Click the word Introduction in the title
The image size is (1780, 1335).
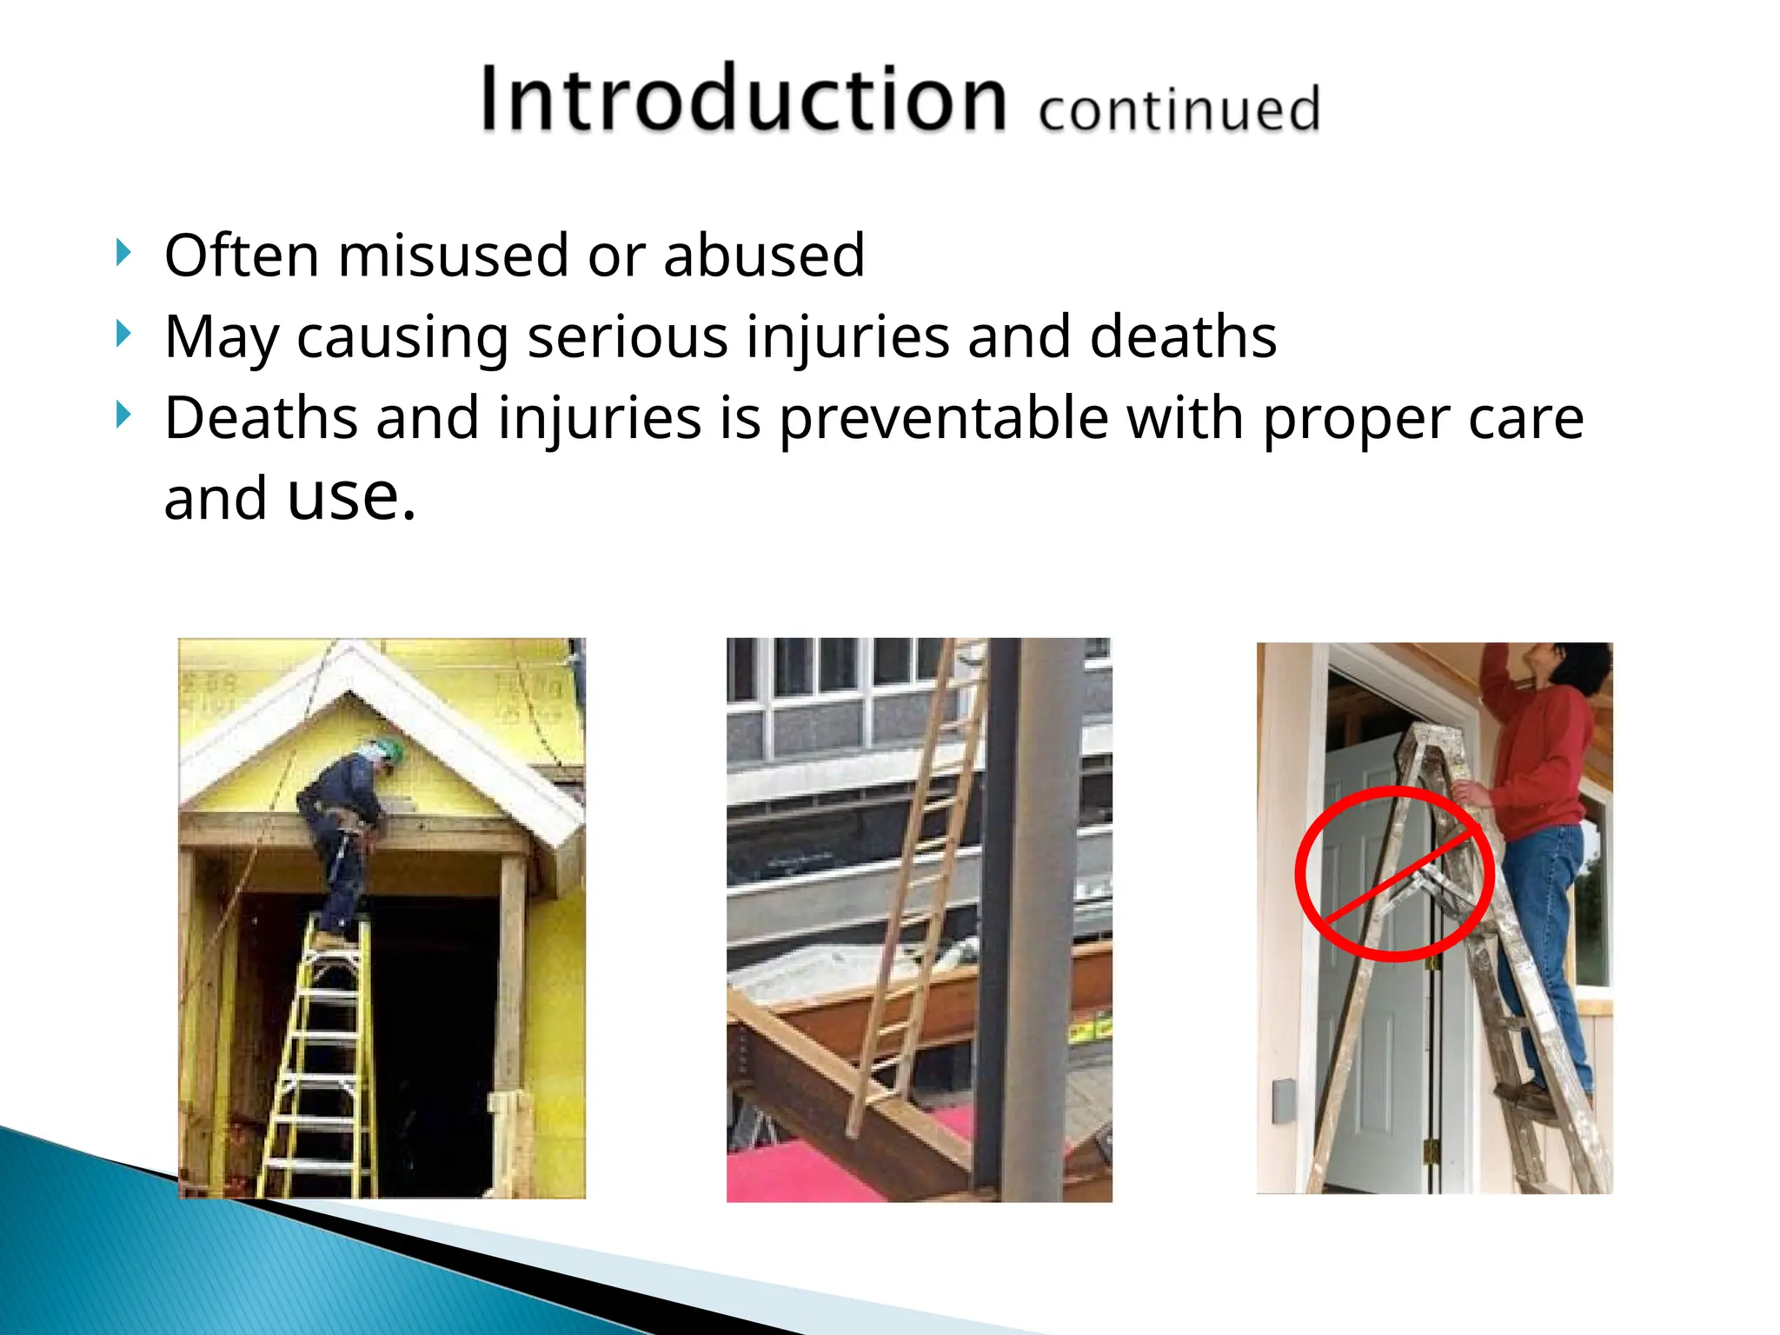(743, 99)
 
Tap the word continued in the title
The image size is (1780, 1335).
(1179, 110)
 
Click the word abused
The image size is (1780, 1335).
(764, 256)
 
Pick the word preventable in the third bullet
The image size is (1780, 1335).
(943, 419)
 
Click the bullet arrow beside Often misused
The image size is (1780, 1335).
(123, 253)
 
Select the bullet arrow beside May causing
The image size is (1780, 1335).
(123, 334)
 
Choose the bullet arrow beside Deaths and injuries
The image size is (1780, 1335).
(123, 415)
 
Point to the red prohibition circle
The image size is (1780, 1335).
(1394, 873)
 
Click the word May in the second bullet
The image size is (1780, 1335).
(220, 337)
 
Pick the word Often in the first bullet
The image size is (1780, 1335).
(242, 256)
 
